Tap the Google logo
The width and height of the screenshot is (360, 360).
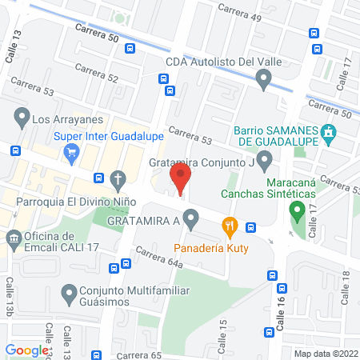(26, 350)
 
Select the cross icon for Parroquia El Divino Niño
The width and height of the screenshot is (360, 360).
(118, 178)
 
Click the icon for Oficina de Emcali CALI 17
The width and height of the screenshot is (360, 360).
(14, 238)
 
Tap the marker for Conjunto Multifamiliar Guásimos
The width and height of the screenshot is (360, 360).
(68, 293)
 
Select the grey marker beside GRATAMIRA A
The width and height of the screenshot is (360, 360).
(190, 218)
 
